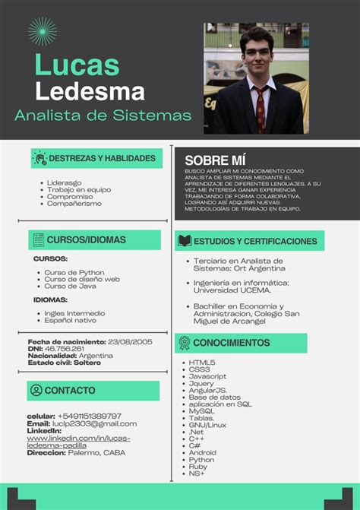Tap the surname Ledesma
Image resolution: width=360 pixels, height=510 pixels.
click(90, 92)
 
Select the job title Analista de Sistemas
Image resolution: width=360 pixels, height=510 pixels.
click(103, 116)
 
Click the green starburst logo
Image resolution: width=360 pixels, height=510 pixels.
click(42, 31)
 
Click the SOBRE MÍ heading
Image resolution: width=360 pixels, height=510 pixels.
click(215, 160)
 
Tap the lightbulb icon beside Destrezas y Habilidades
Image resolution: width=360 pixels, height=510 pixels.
click(39, 158)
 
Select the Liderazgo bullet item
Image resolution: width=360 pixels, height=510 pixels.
click(64, 182)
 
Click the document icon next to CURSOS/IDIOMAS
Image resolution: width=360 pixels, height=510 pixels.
click(38, 240)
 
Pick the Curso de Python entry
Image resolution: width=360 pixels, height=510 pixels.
click(74, 272)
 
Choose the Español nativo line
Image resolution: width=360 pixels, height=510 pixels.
click(70, 320)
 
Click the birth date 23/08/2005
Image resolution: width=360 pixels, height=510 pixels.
click(131, 341)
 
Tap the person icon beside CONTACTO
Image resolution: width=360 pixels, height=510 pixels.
click(36, 390)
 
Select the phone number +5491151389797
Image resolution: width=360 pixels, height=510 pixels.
click(89, 416)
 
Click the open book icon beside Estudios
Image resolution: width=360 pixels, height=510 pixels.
click(185, 241)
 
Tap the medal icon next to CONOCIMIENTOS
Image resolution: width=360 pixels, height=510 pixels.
click(185, 343)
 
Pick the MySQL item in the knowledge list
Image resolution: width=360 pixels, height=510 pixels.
click(202, 410)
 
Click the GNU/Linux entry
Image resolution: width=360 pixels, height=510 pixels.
click(207, 425)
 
